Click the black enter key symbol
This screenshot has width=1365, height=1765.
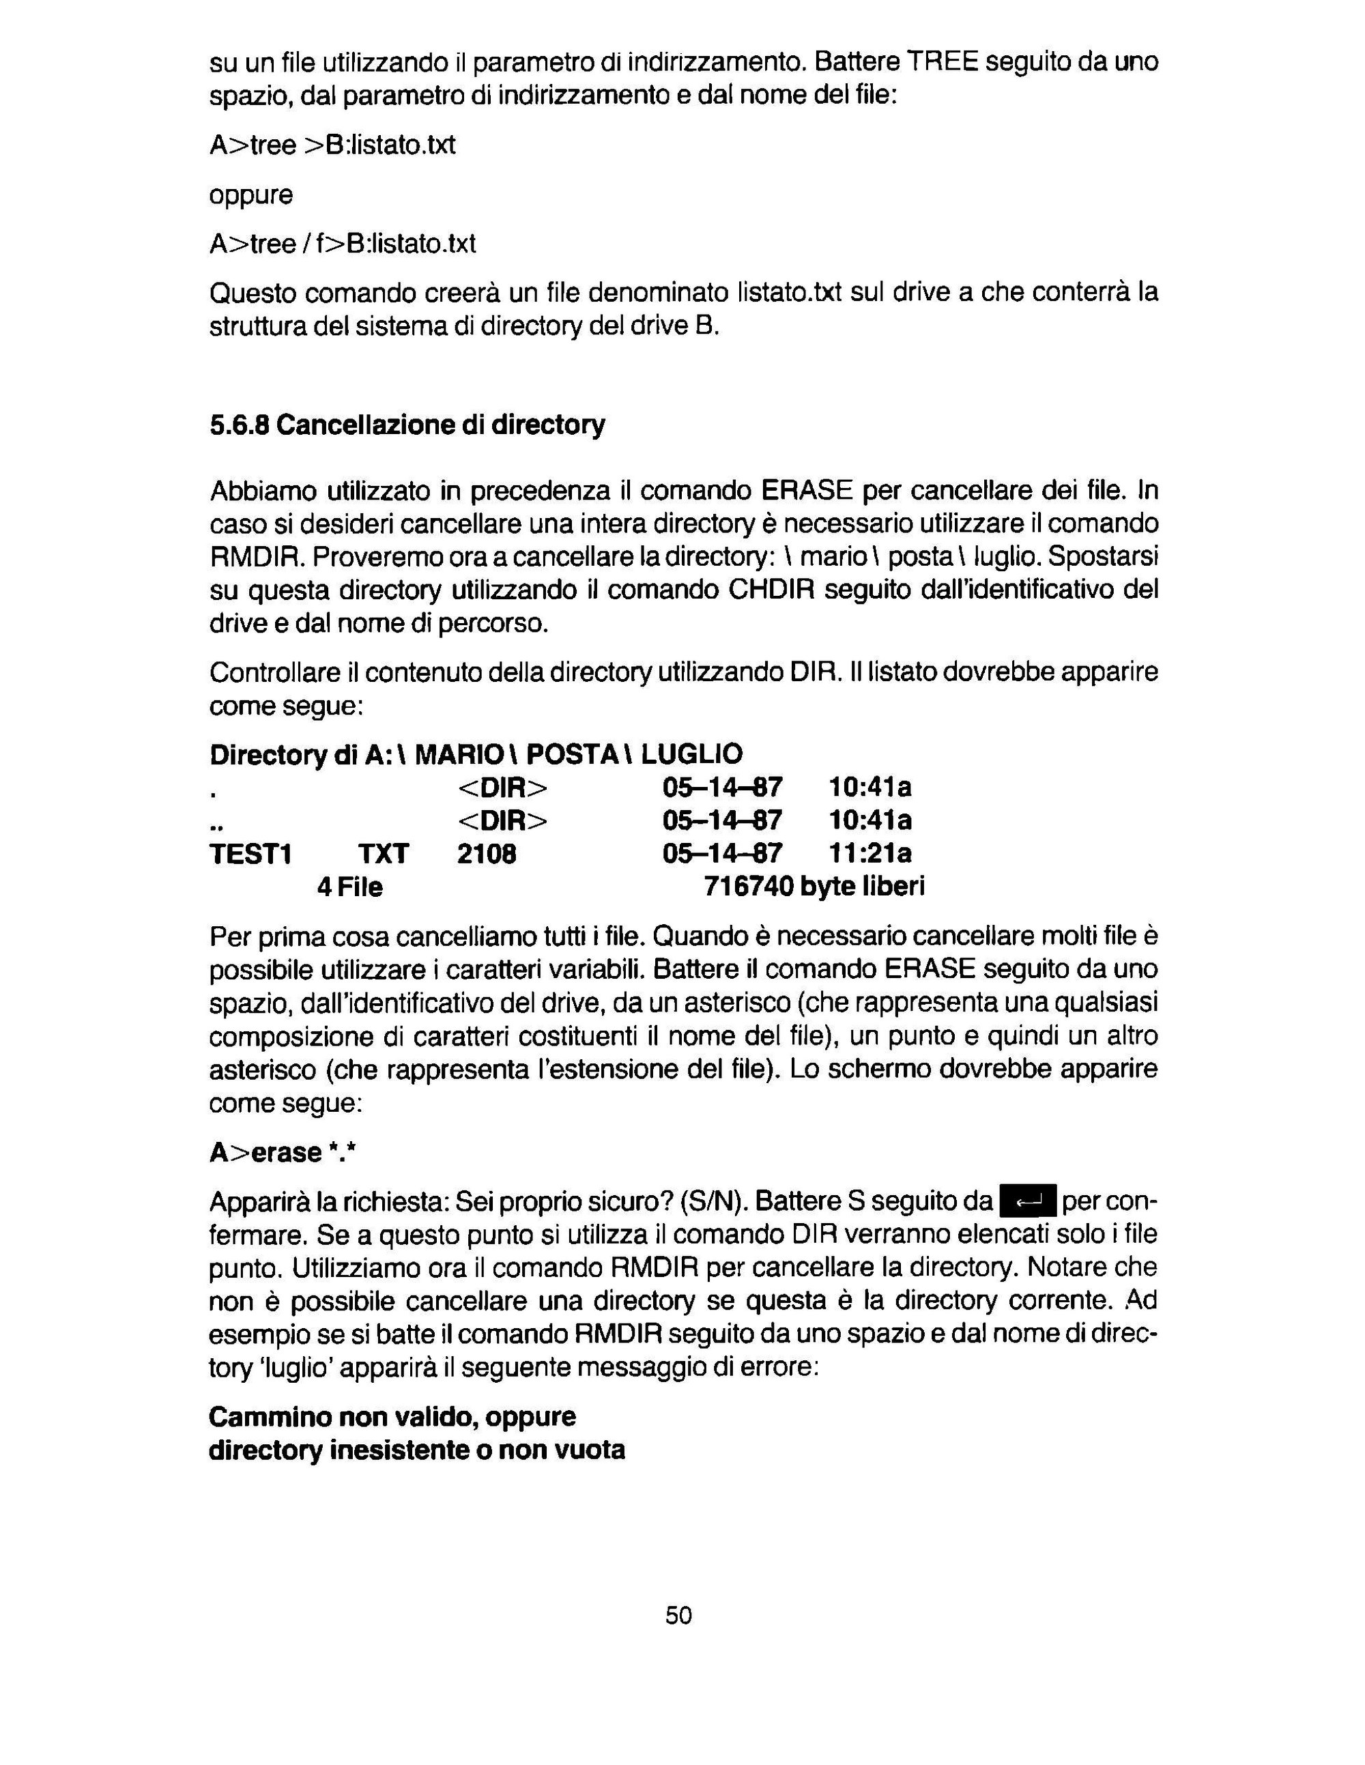tap(1027, 1202)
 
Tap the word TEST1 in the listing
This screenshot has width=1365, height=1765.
tap(250, 853)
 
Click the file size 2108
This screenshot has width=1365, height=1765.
tap(487, 853)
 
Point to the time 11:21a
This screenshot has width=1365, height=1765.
tap(870, 853)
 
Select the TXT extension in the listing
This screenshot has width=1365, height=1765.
tap(383, 853)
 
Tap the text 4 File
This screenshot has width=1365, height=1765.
tap(349, 887)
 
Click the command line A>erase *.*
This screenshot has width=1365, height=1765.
tap(283, 1152)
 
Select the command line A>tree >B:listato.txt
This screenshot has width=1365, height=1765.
tap(332, 145)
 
